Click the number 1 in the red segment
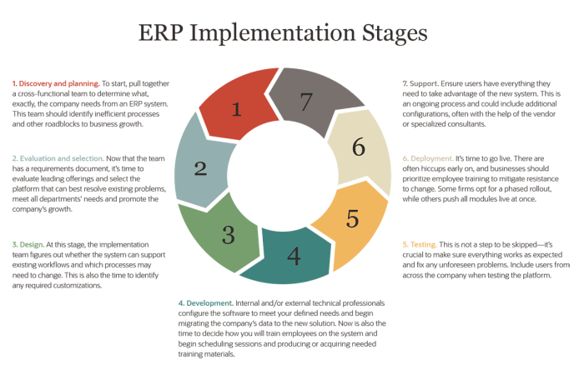(237, 108)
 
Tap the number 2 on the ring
(200, 167)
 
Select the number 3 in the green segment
(228, 234)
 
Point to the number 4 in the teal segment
(293, 254)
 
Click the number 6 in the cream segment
(358, 147)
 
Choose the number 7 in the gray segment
(306, 102)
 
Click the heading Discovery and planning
(53, 84)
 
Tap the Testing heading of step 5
(421, 244)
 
